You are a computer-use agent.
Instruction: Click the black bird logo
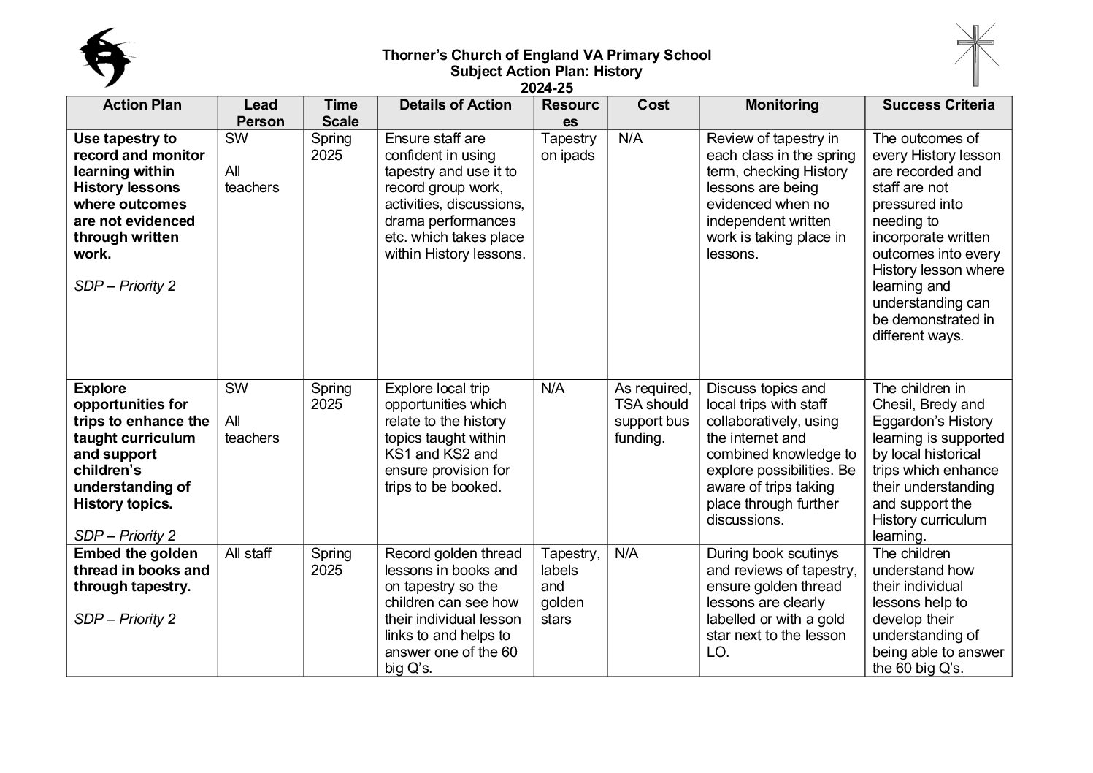pyautogui.click(x=108, y=57)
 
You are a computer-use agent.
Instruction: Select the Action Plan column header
pyautogui.click(x=142, y=105)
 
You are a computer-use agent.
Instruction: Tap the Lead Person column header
pyautogui.click(x=260, y=113)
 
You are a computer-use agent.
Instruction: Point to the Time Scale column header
pyautogui.click(x=340, y=113)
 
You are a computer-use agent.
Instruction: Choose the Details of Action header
pyautogui.click(x=455, y=105)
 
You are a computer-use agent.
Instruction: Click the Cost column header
pyautogui.click(x=653, y=105)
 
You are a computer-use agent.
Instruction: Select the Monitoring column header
pyautogui.click(x=781, y=105)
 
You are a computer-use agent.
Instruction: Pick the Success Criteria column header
pyautogui.click(x=938, y=105)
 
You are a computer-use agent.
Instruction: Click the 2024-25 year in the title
pyautogui.click(x=546, y=88)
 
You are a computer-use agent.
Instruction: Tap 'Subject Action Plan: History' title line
pyautogui.click(x=546, y=72)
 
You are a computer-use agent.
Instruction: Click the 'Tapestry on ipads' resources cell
pyautogui.click(x=568, y=147)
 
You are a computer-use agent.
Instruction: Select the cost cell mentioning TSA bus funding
pyautogui.click(x=652, y=413)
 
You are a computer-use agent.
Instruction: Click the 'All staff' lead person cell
pyautogui.click(x=248, y=554)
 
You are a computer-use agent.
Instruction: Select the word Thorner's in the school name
pyautogui.click(x=414, y=56)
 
